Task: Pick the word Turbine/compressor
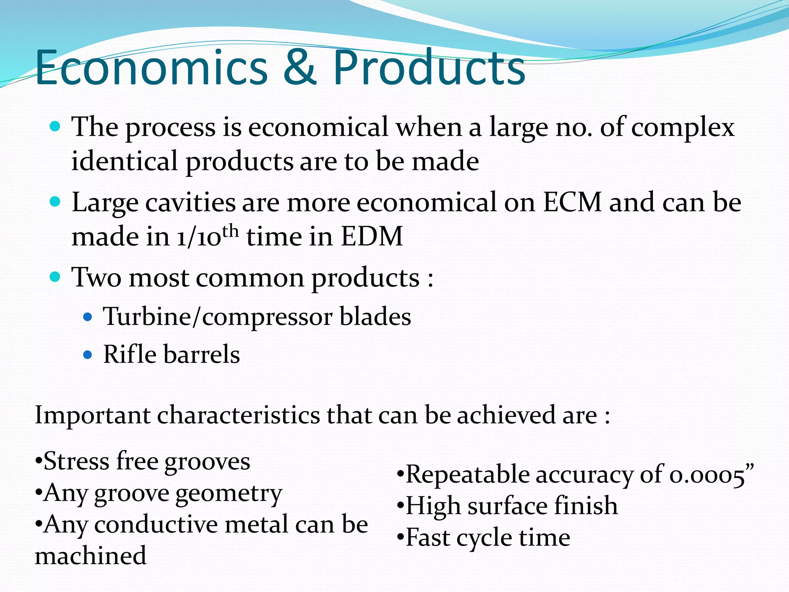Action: click(x=218, y=317)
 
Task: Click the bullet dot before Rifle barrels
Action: click(x=88, y=355)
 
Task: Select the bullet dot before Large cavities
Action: click(x=55, y=201)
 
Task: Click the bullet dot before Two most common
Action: click(x=55, y=276)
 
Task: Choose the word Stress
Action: click(x=77, y=461)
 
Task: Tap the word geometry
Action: click(x=229, y=494)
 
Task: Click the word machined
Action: click(x=91, y=556)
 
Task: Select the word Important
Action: click(x=92, y=415)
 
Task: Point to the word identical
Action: click(x=124, y=161)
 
